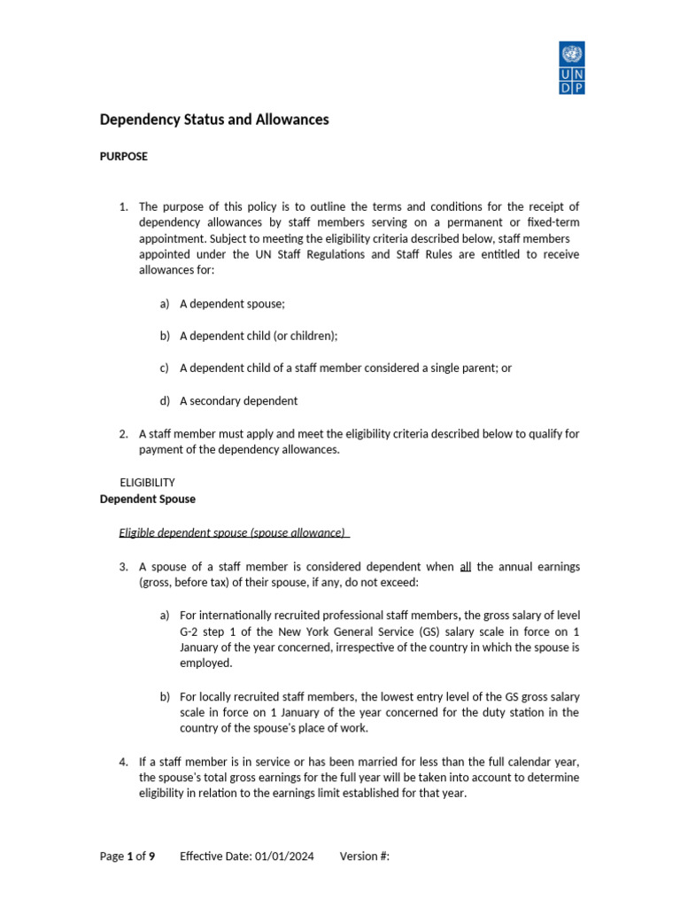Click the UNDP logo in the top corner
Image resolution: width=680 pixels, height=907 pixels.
[x=572, y=67]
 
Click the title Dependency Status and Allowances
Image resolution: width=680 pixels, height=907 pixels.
[x=213, y=120]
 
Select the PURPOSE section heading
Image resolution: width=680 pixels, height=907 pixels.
[x=123, y=156]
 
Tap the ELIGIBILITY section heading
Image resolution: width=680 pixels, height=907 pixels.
[x=147, y=483]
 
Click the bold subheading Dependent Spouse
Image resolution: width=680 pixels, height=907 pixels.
[x=147, y=499]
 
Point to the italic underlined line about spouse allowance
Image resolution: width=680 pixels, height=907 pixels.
[x=235, y=532]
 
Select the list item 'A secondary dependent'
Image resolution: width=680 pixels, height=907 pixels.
[x=238, y=400]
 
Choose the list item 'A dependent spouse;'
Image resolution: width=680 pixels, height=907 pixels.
[x=233, y=304]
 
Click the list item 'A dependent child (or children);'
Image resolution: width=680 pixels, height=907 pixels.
[x=259, y=336]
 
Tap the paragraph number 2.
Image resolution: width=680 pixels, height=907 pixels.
[x=124, y=434]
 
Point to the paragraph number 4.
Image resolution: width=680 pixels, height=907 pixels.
[x=124, y=762]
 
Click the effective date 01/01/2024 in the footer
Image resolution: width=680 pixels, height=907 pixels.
[x=285, y=857]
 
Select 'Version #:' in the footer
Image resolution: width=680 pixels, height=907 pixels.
[x=365, y=857]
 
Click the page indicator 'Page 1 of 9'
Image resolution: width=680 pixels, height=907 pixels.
[x=127, y=857]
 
